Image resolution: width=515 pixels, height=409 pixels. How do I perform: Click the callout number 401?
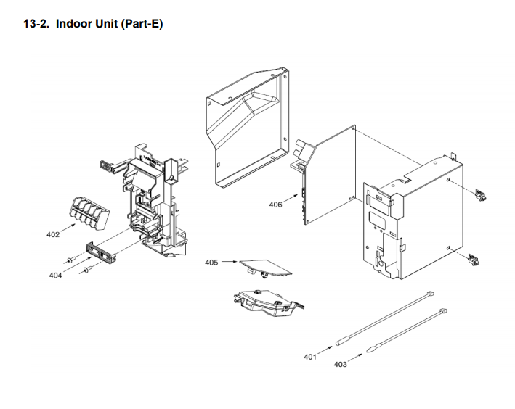311,356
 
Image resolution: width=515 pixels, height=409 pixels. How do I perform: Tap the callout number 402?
53,234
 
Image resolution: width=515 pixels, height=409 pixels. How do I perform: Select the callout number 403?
340,364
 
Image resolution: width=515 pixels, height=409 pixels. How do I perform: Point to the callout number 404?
56,276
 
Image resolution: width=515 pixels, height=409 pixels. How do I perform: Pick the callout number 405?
211,262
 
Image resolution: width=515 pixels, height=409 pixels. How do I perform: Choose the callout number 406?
275,204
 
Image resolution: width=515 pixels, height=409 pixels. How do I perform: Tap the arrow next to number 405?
229,261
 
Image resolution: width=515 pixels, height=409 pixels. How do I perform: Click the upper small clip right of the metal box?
479,194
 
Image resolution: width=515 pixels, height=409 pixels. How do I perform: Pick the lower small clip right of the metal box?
476,258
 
